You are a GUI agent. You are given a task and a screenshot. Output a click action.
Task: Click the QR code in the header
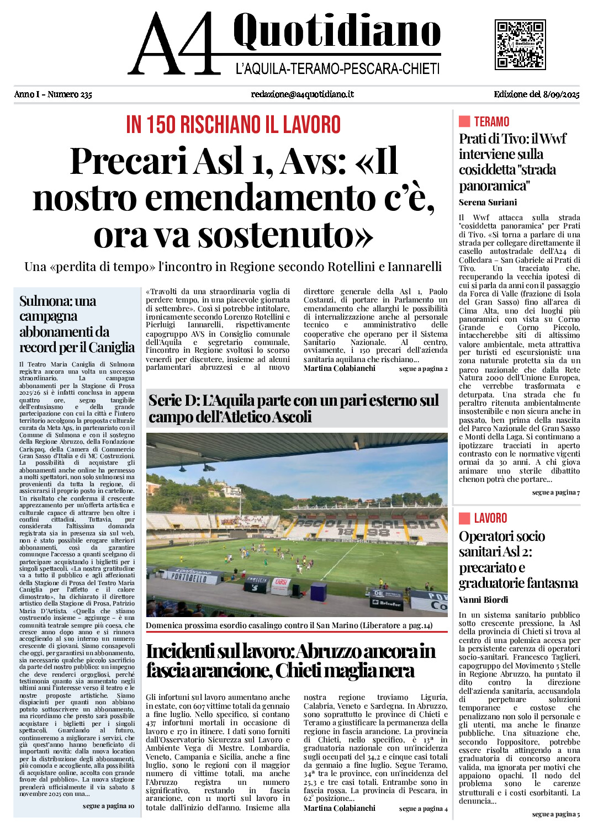click(520, 45)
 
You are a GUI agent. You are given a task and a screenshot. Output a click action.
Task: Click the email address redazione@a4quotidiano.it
click(302, 94)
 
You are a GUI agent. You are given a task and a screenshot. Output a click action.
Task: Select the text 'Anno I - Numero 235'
click(53, 94)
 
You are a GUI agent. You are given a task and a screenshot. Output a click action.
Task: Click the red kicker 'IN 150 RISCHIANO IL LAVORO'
click(233, 125)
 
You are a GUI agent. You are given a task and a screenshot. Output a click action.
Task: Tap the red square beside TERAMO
click(464, 121)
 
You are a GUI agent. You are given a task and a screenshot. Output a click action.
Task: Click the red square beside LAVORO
click(464, 518)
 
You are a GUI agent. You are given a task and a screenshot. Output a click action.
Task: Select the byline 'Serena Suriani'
click(488, 202)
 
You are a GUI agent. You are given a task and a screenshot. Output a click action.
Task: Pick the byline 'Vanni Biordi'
click(483, 599)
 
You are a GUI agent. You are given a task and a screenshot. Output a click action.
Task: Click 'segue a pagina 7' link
click(555, 492)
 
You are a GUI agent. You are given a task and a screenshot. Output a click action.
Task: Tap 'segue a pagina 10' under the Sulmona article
click(108, 806)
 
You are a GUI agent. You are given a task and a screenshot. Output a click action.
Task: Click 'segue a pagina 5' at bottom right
click(555, 814)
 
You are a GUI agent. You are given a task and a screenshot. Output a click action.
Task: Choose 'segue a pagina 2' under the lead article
click(423, 369)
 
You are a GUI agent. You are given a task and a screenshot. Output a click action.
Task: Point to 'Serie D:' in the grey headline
click(174, 401)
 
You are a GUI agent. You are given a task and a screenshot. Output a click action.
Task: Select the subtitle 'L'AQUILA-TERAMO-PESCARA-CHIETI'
click(337, 69)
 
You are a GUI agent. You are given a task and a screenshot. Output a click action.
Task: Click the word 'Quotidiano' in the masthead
click(337, 31)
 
